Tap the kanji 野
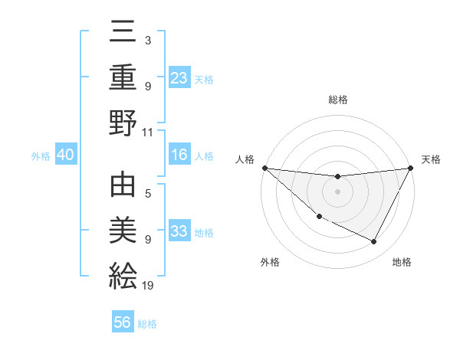(x=123, y=123)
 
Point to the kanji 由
(x=123, y=188)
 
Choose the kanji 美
(x=123, y=231)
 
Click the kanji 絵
(x=123, y=274)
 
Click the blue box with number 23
(x=179, y=77)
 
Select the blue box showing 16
(x=179, y=155)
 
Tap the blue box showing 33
(x=179, y=231)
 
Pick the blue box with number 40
(x=66, y=155)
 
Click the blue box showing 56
(x=123, y=322)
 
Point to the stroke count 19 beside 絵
(x=149, y=286)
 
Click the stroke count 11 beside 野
(x=149, y=132)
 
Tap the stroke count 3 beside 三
(x=148, y=39)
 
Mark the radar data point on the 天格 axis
(x=411, y=168)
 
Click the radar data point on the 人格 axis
(x=264, y=168)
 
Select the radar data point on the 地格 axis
(x=374, y=242)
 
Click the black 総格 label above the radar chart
(x=338, y=100)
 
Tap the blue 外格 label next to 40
(x=41, y=155)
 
